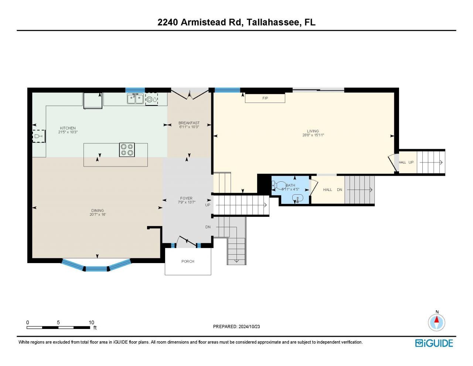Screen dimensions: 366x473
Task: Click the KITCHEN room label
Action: [x=68, y=128]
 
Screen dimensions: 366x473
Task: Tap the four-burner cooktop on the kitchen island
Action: [x=127, y=150]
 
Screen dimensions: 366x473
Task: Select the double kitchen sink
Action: [x=135, y=99]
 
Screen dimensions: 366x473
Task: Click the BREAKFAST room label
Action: [x=189, y=123]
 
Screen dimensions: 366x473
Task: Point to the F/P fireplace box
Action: [x=265, y=98]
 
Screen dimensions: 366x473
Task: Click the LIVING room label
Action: [x=313, y=131]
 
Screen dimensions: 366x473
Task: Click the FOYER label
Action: [x=186, y=198]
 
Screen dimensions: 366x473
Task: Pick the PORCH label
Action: [x=188, y=261]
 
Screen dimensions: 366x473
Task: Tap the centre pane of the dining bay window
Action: [x=96, y=268]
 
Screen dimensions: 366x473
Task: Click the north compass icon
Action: [x=437, y=322]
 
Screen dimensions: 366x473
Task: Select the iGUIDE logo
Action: [x=434, y=343]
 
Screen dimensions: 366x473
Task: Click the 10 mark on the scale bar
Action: [x=91, y=322]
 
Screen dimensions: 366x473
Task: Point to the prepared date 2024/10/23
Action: [x=249, y=326]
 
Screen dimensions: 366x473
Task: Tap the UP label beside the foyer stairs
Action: [x=208, y=205]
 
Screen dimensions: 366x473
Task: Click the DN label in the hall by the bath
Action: [x=339, y=190]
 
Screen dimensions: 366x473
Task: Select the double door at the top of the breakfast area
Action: [x=189, y=95]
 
